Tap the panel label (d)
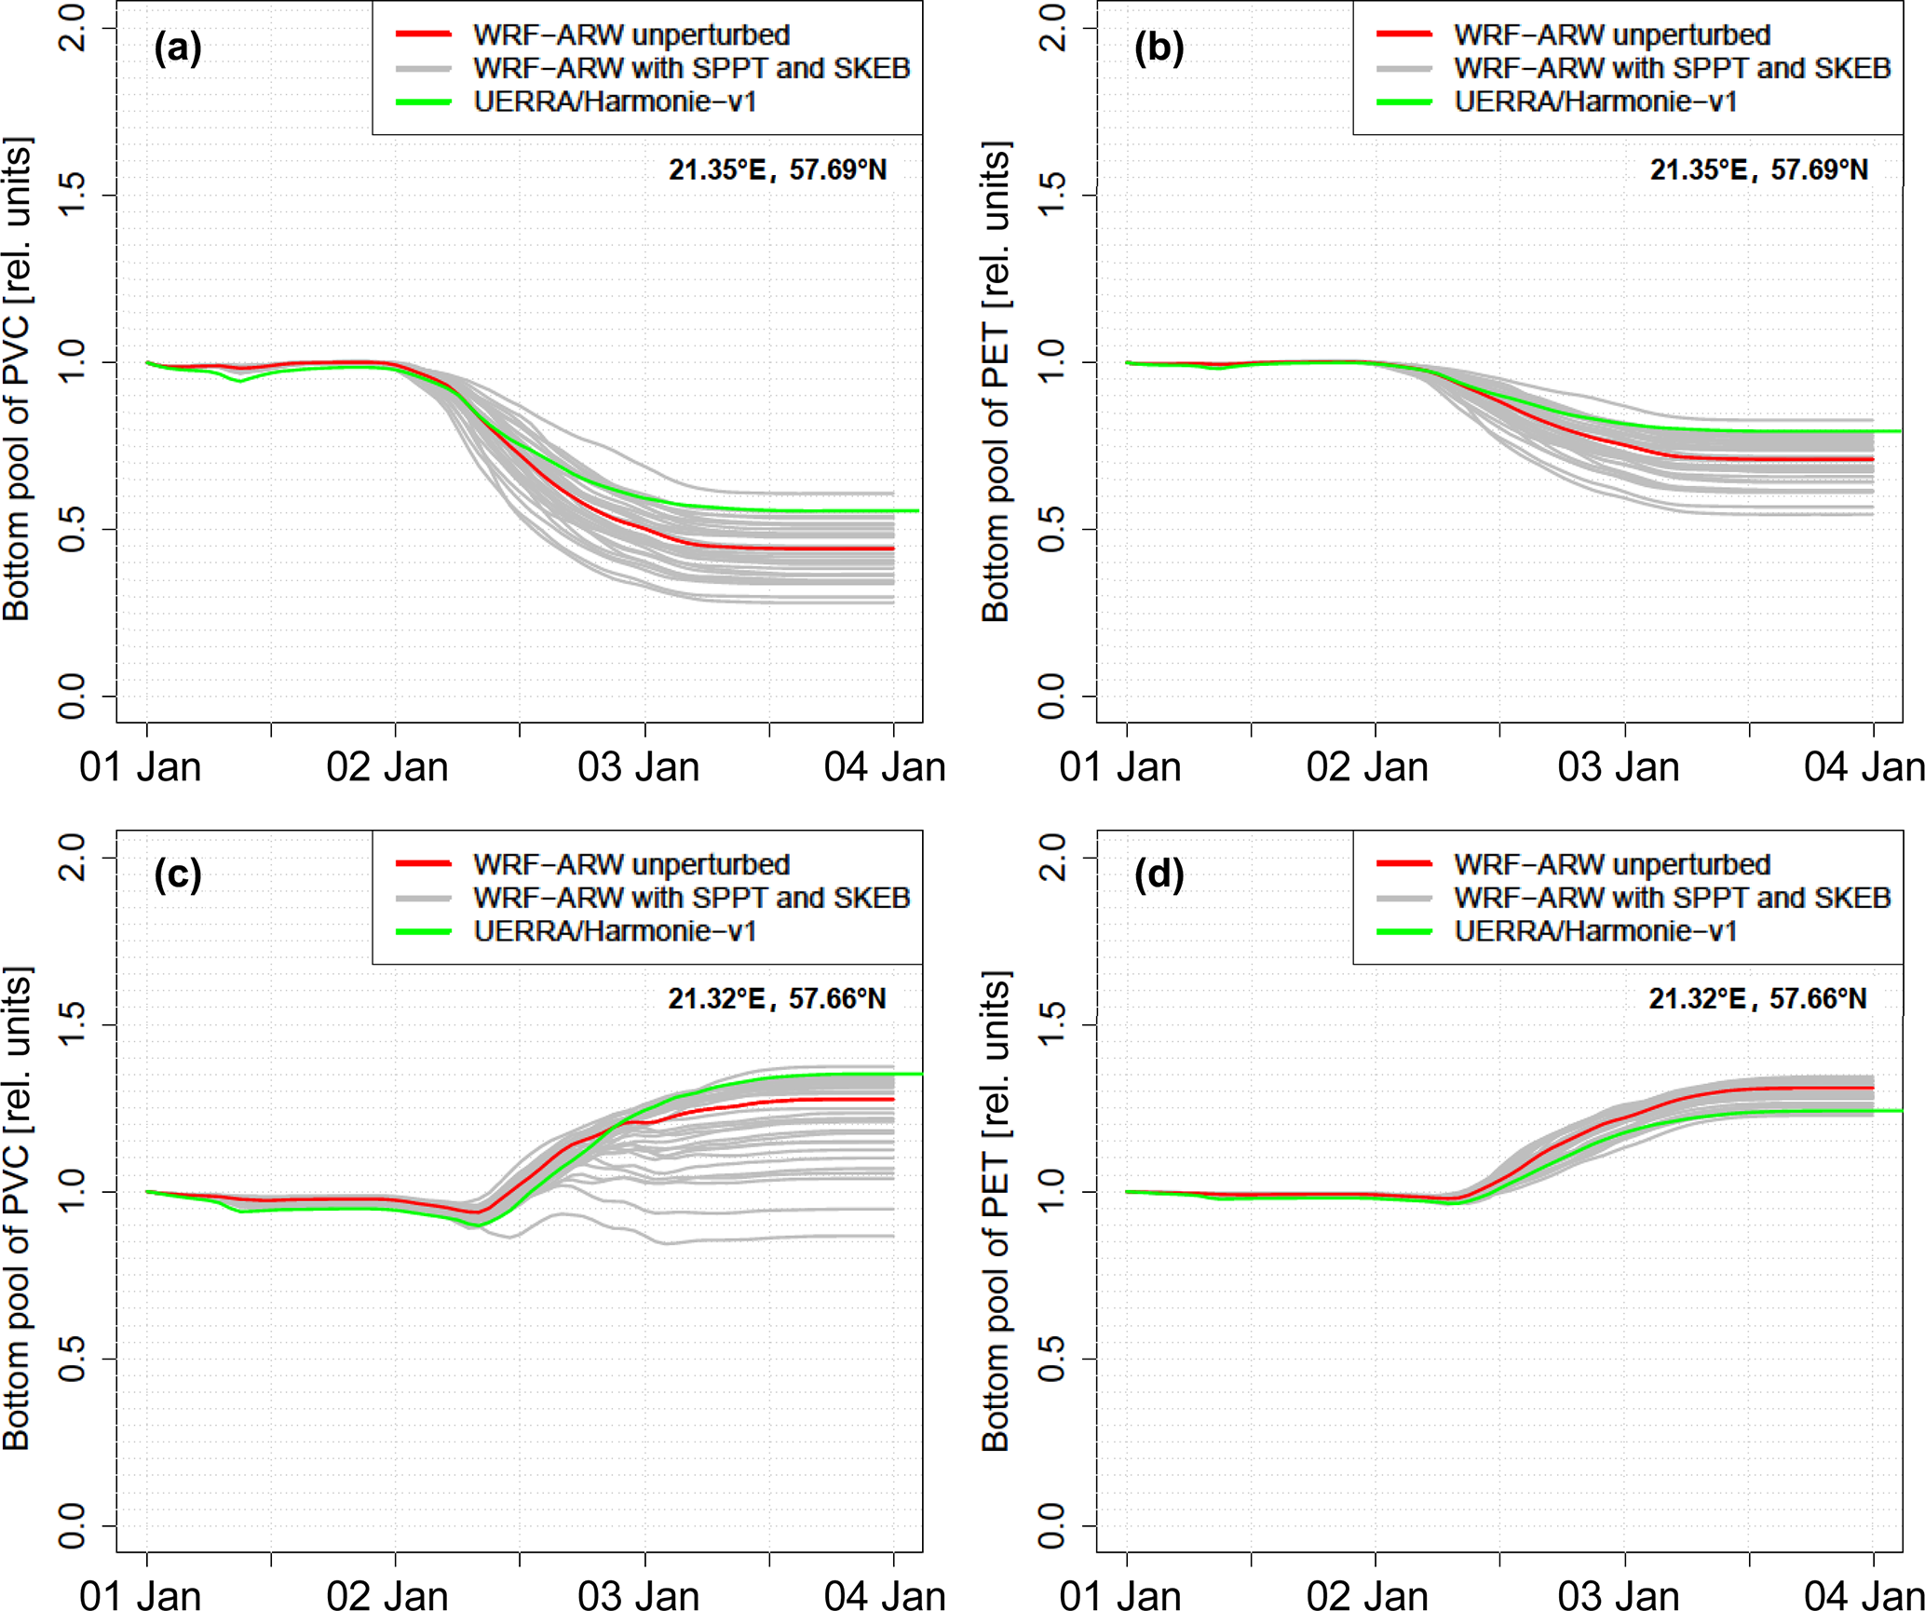tap(1159, 875)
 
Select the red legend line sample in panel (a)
tap(424, 34)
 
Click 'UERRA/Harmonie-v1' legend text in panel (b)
tap(1595, 102)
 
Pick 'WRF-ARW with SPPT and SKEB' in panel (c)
tap(691, 898)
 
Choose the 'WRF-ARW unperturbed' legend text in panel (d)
tap(1611, 864)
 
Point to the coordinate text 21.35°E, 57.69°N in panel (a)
tap(778, 169)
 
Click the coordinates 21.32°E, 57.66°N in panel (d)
tap(1757, 998)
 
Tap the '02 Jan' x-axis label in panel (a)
tap(387, 767)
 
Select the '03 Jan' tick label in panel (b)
tap(1619, 767)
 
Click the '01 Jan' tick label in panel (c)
tap(141, 1595)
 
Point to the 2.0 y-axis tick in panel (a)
tap(73, 28)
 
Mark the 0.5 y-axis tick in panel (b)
tap(1052, 529)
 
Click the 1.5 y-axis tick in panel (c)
tap(73, 1024)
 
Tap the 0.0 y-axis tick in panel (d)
tap(1052, 1525)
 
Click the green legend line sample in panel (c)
tap(424, 931)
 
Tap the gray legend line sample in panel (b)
tap(1403, 68)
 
